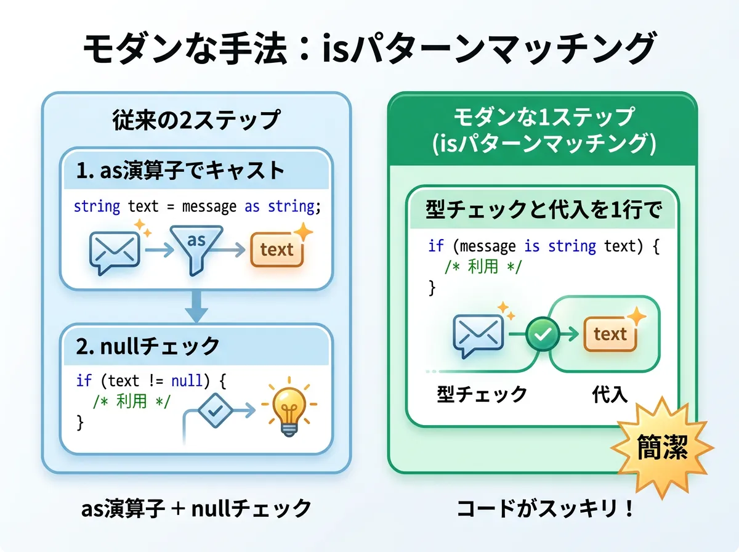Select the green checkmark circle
tap(543, 334)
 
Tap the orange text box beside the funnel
tap(277, 250)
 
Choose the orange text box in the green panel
tap(610, 334)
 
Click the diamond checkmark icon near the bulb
tap(215, 410)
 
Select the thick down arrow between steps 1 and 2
tap(196, 306)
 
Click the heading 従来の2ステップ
tap(196, 120)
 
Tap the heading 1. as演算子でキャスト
tap(180, 170)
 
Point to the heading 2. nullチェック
tap(148, 346)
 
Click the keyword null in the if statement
tap(187, 381)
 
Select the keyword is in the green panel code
tap(532, 246)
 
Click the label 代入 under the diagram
tap(610, 394)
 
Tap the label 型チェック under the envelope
tap(482, 394)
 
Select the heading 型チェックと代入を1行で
tap(544, 209)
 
